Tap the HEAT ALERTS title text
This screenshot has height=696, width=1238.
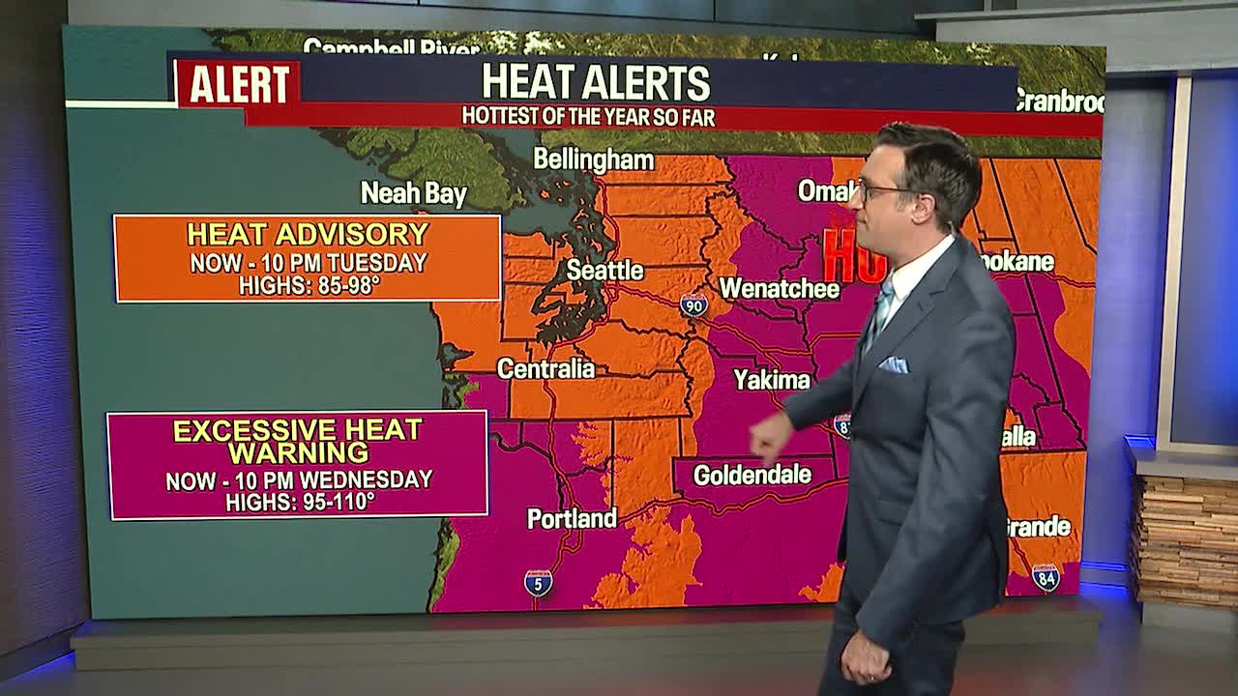[596, 82]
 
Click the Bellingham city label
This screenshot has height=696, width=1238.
[593, 159]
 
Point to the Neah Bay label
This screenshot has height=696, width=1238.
[413, 193]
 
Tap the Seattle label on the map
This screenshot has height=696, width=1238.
[604, 270]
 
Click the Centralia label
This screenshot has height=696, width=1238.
[545, 368]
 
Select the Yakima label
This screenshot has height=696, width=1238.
[771, 380]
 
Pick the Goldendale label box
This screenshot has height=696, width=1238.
[752, 475]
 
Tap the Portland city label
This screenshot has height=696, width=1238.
[572, 519]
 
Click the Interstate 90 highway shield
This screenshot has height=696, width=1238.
[693, 305]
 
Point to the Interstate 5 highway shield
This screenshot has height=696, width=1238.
[539, 582]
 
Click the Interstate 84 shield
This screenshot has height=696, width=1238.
[1045, 577]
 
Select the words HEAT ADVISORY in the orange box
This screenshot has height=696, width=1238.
[308, 234]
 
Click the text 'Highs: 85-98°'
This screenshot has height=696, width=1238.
[308, 286]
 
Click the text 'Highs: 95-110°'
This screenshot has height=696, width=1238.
[299, 503]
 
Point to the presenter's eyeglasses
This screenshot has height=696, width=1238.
[885, 189]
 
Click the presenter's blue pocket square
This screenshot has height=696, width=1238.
[894, 364]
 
